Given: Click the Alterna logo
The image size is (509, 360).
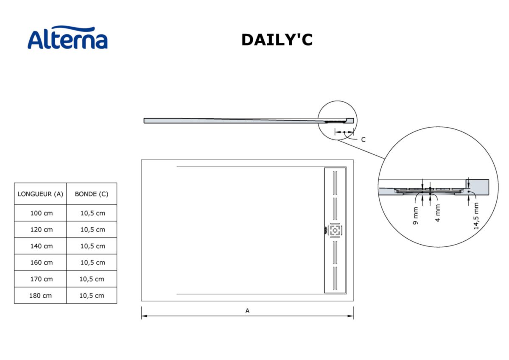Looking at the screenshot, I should pos(67,38).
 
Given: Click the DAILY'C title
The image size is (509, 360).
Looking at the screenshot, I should pos(277,39).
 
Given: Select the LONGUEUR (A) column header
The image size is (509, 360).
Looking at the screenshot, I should pos(40,194).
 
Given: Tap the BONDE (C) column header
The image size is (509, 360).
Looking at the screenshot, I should pos(92,194).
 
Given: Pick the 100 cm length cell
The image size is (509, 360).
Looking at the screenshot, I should pos(42,213).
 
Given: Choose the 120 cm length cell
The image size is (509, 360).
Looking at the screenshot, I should pos(42,229).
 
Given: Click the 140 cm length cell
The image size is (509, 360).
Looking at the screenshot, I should pos(42,246).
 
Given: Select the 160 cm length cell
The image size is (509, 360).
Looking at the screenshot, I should pos(42,262).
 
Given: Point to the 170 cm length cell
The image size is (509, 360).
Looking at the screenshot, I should pos(42,279).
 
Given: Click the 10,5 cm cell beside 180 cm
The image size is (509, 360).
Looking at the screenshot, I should pos(92,296).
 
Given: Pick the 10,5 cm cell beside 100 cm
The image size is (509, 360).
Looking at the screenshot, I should pos(92,213).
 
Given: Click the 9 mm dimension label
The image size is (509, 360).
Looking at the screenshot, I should pos(416,216).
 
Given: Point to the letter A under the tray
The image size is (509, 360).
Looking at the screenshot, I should pos(247,311).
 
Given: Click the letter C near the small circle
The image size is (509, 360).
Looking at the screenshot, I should pos(363,140).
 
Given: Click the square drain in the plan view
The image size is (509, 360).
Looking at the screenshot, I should pos(335,230).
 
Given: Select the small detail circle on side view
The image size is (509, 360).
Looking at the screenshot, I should pos(338,120).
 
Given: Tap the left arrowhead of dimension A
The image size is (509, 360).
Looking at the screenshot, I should pos(143,316).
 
